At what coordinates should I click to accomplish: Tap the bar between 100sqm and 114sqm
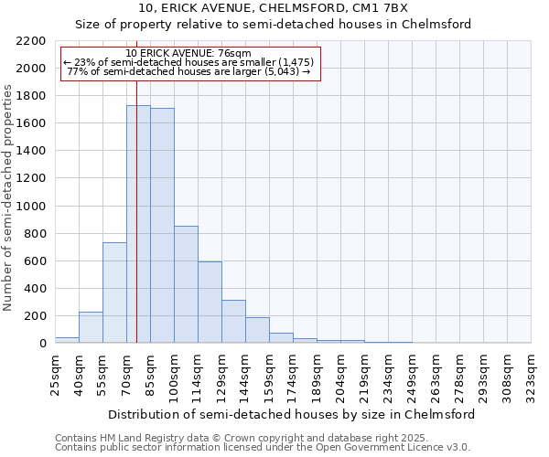tap(186, 284)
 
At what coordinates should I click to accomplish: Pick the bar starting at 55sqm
tap(114, 292)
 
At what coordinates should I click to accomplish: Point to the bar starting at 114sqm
tap(210, 303)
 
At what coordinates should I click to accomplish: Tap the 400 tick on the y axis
tap(36, 289)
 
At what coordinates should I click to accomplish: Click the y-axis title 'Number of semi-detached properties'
tap(9, 197)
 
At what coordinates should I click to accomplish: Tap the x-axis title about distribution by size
tap(292, 414)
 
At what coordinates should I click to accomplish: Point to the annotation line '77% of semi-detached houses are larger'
tap(189, 71)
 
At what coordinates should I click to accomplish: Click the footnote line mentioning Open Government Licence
tap(263, 447)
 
